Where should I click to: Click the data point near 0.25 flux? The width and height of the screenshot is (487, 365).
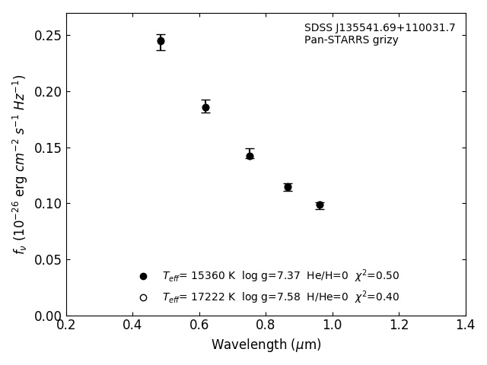tap(161, 41)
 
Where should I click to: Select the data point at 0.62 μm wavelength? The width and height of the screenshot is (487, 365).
tap(205, 107)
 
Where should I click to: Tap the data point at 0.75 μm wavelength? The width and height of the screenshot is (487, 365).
tap(250, 156)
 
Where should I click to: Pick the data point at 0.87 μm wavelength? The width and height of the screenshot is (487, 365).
tap(288, 187)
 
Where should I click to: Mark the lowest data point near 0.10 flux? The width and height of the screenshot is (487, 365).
tap(320, 205)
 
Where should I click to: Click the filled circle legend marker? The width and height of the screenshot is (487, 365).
tap(143, 276)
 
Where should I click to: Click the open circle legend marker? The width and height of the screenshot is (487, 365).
tap(143, 297)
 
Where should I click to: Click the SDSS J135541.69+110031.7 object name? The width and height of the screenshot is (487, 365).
tap(380, 28)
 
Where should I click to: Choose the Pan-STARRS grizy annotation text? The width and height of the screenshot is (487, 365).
tap(351, 40)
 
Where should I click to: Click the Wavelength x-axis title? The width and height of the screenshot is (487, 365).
tap(266, 345)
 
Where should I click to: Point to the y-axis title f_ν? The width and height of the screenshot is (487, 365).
tap(20, 163)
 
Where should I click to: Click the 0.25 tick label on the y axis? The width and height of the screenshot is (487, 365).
tap(46, 36)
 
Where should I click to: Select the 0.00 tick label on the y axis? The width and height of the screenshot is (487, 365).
tap(46, 316)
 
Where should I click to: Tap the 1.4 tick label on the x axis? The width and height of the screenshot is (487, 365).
tap(466, 325)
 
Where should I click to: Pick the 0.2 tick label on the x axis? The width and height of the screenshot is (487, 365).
tap(66, 325)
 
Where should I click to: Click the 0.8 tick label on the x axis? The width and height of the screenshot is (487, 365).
tap(266, 325)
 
